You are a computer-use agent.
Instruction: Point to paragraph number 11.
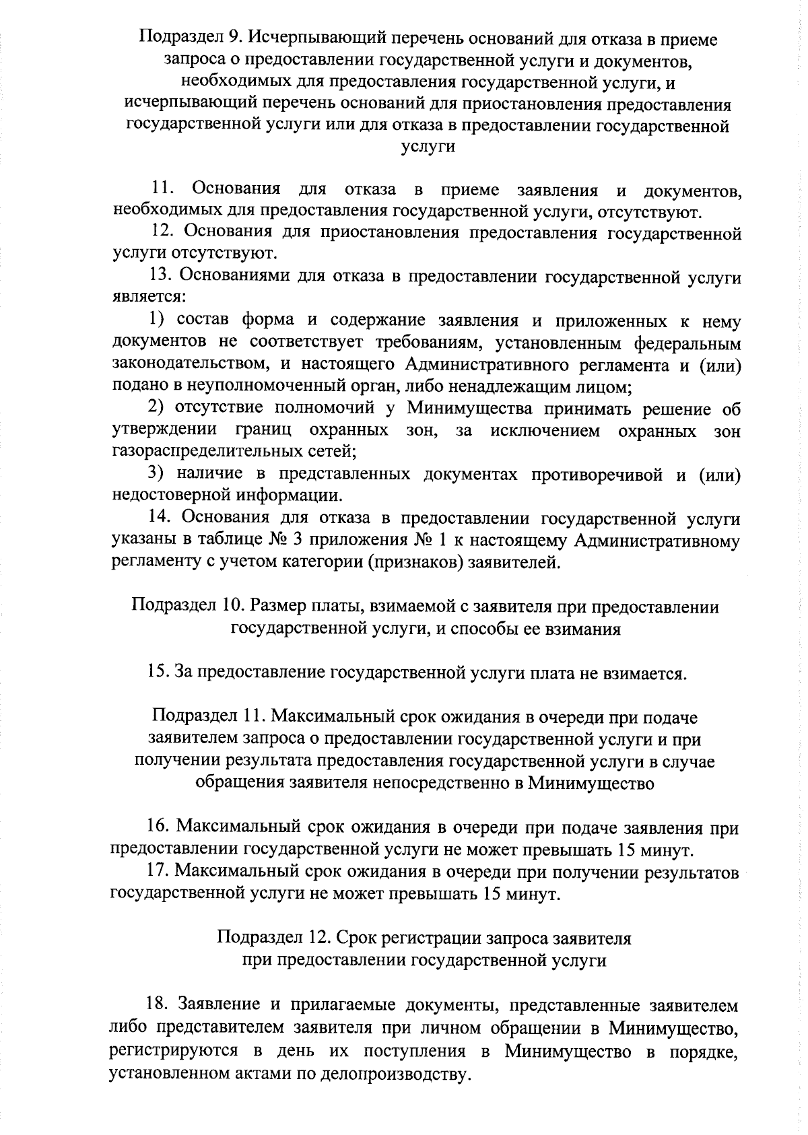pos(163,191)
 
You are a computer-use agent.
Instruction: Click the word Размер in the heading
pos(276,607)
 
